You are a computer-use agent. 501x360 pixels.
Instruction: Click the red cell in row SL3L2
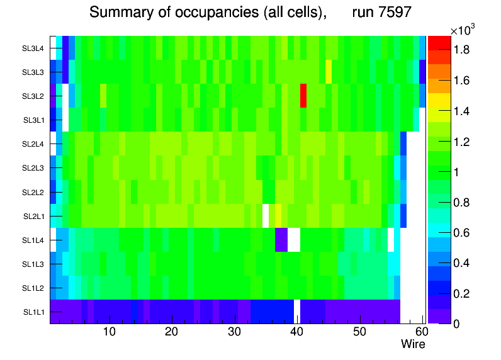303,96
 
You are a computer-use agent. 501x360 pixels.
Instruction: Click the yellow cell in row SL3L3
329,72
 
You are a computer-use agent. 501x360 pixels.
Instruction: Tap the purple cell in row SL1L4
281,239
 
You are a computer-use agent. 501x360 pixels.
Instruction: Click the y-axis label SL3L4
33,48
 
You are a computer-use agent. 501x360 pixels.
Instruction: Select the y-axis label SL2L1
33,216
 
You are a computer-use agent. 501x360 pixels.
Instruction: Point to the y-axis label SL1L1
33,312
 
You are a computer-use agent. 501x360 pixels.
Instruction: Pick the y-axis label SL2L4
33,144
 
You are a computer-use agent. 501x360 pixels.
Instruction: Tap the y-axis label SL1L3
33,264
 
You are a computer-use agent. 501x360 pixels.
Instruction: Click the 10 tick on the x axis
109,332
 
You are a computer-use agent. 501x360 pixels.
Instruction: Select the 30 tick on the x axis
234,332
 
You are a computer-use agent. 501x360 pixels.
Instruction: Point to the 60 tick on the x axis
421,332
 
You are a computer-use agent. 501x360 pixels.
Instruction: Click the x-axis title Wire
413,344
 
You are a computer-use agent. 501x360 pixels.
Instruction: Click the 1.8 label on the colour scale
463,50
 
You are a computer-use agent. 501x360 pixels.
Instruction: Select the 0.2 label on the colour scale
463,293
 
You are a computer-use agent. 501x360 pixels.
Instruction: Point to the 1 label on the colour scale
458,172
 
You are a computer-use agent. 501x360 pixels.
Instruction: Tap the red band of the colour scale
439,43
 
